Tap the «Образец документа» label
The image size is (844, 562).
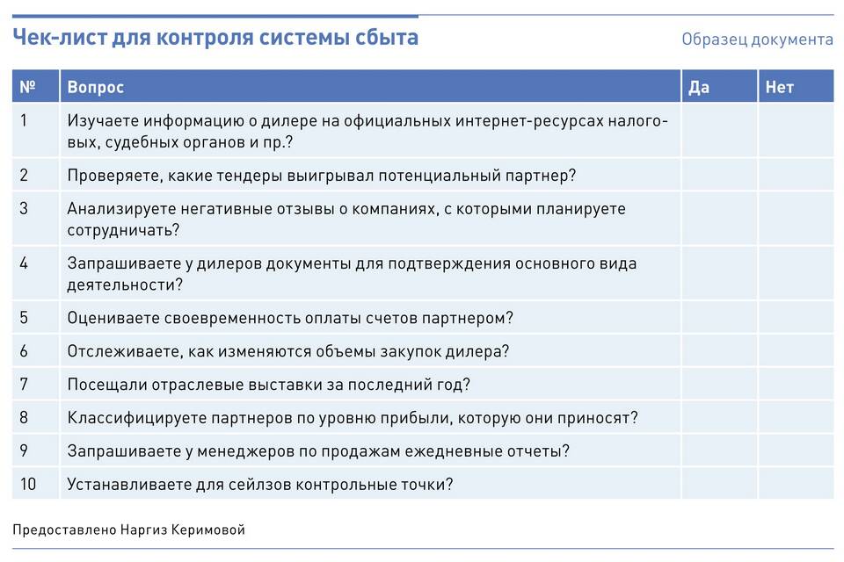pyautogui.click(x=757, y=40)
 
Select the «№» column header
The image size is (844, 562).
pyautogui.click(x=27, y=87)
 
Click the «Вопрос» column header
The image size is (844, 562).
pyautogui.click(x=95, y=87)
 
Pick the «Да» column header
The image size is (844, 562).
pyautogui.click(x=699, y=87)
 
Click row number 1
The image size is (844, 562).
pyautogui.click(x=24, y=120)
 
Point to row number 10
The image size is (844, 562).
pyautogui.click(x=28, y=484)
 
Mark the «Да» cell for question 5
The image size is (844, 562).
pyautogui.click(x=719, y=317)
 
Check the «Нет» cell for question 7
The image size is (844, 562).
pyautogui.click(x=797, y=384)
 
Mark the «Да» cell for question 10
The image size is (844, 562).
pyautogui.click(x=719, y=484)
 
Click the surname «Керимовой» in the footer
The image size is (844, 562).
pyautogui.click(x=207, y=530)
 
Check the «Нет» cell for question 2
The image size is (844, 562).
pyautogui.click(x=797, y=175)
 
